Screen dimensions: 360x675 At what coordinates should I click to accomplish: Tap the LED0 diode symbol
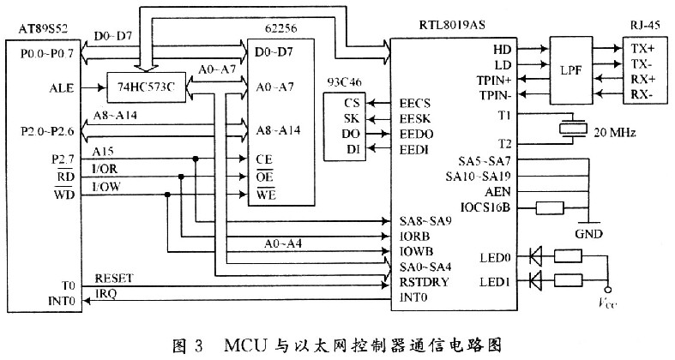pyautogui.click(x=537, y=255)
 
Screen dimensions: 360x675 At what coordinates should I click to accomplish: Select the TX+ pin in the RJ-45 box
pyautogui.click(x=645, y=49)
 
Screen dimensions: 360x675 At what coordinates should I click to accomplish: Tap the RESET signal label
pyautogui.click(x=112, y=278)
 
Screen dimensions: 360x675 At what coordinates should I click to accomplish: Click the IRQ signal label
pyautogui.click(x=105, y=293)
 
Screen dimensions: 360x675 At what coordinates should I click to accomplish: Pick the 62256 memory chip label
pyautogui.click(x=277, y=28)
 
